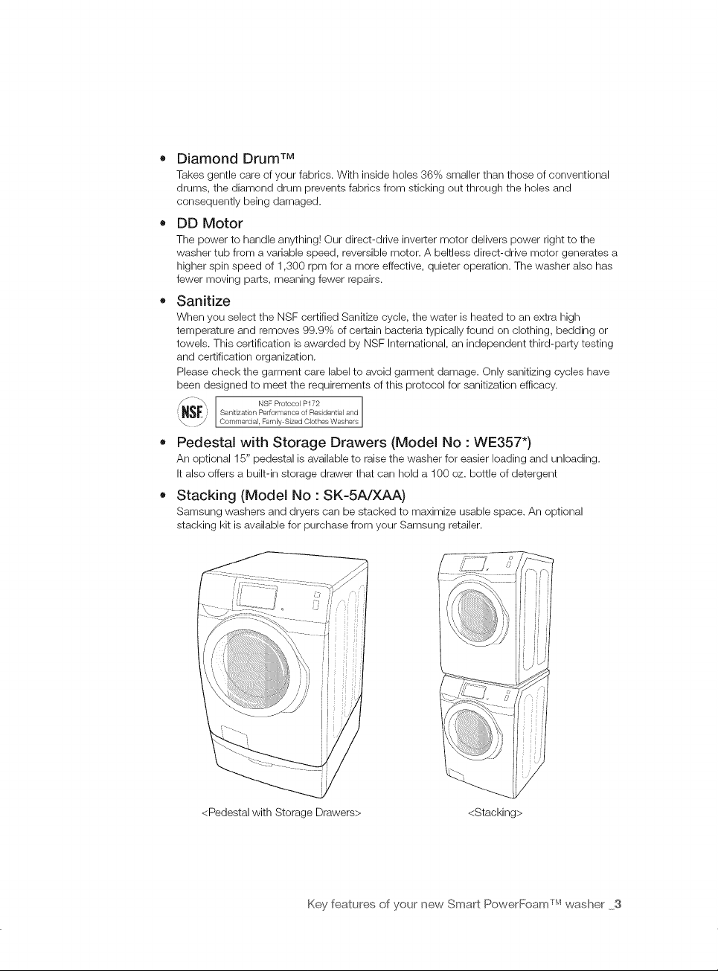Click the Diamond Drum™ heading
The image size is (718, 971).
tap(236, 158)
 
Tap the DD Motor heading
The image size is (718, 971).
tap(209, 223)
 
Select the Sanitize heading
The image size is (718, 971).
tap(203, 301)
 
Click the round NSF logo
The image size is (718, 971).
tap(192, 411)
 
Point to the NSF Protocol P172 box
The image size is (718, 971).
tap(289, 411)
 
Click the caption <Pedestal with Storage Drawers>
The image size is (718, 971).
tap(281, 813)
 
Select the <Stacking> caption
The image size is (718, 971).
tap(495, 813)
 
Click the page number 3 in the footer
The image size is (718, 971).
tap(618, 904)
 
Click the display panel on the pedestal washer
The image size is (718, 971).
tap(257, 596)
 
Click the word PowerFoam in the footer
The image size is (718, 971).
tap(519, 904)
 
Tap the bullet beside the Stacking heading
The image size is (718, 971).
tap(163, 496)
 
